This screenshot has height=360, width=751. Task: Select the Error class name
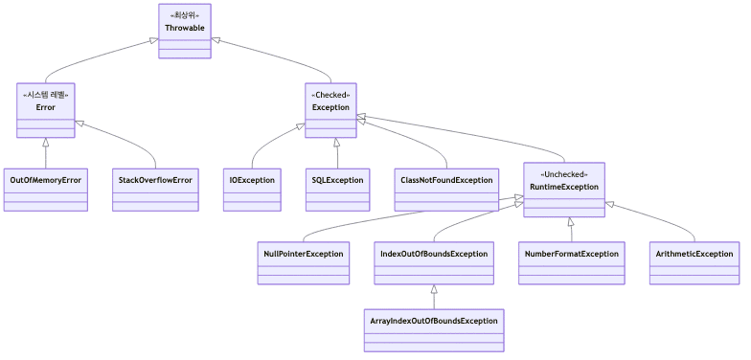point(45,107)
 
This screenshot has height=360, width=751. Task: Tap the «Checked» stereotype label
point(330,95)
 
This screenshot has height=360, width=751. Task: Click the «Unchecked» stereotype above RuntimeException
point(564,174)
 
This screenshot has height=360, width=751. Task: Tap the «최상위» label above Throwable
point(184,15)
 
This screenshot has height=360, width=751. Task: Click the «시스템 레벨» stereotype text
point(45,95)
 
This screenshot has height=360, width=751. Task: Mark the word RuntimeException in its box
point(564,187)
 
